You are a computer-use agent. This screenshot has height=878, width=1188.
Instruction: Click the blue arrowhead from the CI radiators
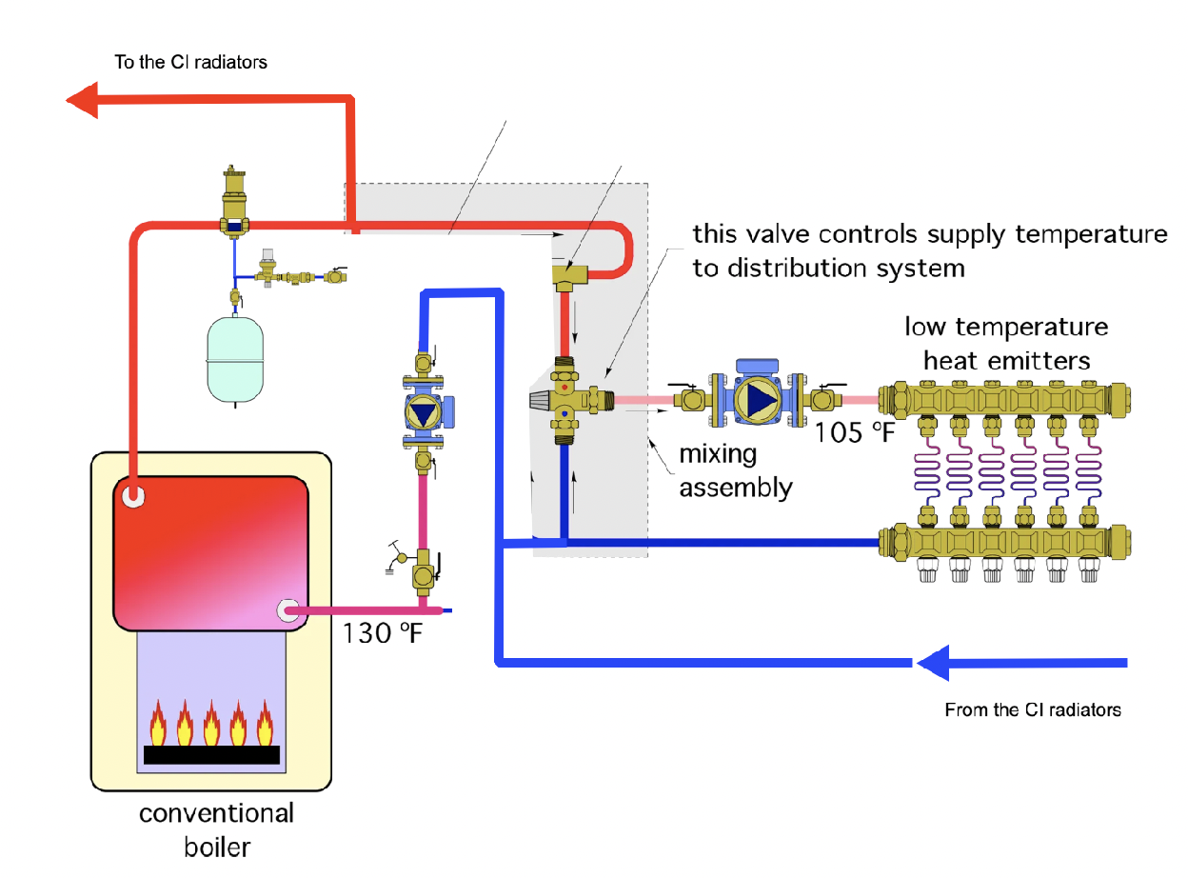click(x=933, y=662)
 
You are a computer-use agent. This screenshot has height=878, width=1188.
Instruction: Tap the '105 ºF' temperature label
click(x=855, y=433)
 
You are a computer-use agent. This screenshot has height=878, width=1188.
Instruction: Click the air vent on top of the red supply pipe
click(x=234, y=200)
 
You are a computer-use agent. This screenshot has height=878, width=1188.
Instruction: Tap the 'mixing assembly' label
click(x=735, y=470)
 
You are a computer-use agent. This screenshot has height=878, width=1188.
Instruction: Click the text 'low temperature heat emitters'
click(x=1006, y=344)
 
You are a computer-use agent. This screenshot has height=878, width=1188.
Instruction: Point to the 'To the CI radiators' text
click(x=191, y=63)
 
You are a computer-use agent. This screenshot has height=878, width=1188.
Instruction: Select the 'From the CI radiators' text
click(x=1032, y=709)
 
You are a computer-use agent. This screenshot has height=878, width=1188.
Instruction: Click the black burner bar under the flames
click(x=211, y=755)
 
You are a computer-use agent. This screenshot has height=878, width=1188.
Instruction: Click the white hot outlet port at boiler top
click(x=132, y=495)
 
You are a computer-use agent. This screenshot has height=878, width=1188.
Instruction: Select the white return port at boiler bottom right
click(x=288, y=610)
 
